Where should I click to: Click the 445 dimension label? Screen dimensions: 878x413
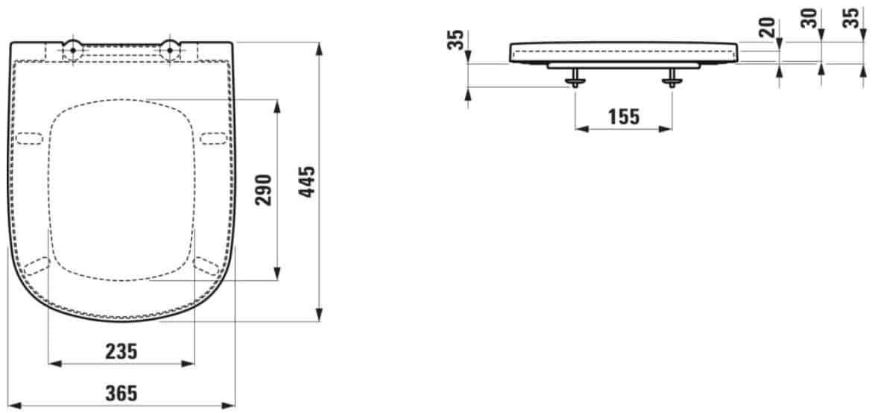point(307,182)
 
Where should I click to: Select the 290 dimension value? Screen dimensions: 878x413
point(263,190)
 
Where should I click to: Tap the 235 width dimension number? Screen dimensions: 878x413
point(121,351)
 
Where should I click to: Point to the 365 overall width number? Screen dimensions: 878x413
point(121,394)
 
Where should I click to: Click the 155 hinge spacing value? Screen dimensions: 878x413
point(623,117)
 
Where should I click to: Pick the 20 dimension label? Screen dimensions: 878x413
point(768,28)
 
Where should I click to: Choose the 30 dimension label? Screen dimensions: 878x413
point(809,19)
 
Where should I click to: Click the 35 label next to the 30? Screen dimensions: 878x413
point(852,19)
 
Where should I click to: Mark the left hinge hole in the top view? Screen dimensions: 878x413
point(73,50)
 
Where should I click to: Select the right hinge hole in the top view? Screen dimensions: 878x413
point(170,50)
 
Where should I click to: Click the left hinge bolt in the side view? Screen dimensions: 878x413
point(575,78)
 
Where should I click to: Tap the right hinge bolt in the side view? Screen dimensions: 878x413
point(672,78)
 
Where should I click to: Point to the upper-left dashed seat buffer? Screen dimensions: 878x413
point(28,139)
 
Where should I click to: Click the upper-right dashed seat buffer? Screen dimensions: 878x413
point(214,139)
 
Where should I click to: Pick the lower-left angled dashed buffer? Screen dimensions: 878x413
point(37,265)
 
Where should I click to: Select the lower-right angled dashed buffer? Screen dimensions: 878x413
point(206,265)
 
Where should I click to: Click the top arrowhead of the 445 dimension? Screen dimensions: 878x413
point(319,48)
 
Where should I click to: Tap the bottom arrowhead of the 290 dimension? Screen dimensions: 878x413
point(277,274)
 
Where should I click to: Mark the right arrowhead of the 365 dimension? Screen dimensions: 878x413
point(229,405)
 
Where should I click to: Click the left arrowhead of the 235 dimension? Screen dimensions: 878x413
point(55,364)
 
